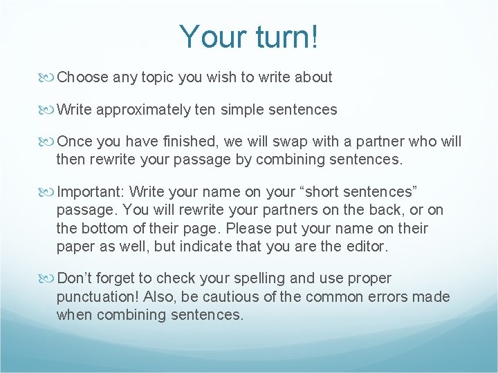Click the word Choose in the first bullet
click(x=82, y=77)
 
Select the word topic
click(x=158, y=77)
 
